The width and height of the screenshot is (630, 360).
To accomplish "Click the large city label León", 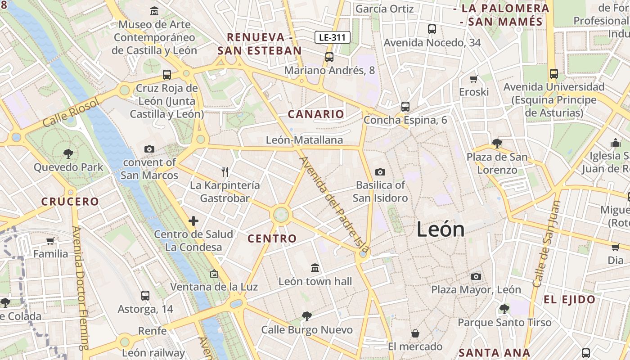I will (440, 229).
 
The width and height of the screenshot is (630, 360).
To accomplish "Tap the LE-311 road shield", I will (332, 37).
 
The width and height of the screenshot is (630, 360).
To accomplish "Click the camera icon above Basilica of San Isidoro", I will (380, 172).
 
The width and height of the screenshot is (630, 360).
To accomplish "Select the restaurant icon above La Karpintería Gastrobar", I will (225, 171).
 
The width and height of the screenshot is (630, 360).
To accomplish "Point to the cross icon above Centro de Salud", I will (193, 221).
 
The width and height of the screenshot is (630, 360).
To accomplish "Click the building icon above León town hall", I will (315, 268).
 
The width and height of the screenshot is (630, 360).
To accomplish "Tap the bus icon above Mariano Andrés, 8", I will (329, 57).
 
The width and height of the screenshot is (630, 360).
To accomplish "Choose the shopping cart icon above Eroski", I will (473, 79).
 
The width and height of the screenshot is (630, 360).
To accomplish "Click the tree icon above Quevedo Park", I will (68, 154).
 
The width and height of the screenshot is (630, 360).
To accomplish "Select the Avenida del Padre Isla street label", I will (335, 205).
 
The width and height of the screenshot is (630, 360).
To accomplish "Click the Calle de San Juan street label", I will (545, 243).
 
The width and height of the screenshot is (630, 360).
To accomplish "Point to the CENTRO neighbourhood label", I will (272, 238).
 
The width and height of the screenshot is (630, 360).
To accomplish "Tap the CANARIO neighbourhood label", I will (316, 114).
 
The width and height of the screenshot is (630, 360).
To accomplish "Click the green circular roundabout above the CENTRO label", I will (281, 215).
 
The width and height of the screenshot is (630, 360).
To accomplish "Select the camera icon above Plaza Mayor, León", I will (476, 276).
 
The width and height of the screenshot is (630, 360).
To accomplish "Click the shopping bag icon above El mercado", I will (415, 333).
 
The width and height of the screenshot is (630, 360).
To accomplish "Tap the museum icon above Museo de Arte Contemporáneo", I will (155, 11).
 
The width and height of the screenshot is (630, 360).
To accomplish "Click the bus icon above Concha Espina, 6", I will (405, 107).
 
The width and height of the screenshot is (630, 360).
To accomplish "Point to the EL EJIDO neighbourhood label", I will (569, 300).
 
